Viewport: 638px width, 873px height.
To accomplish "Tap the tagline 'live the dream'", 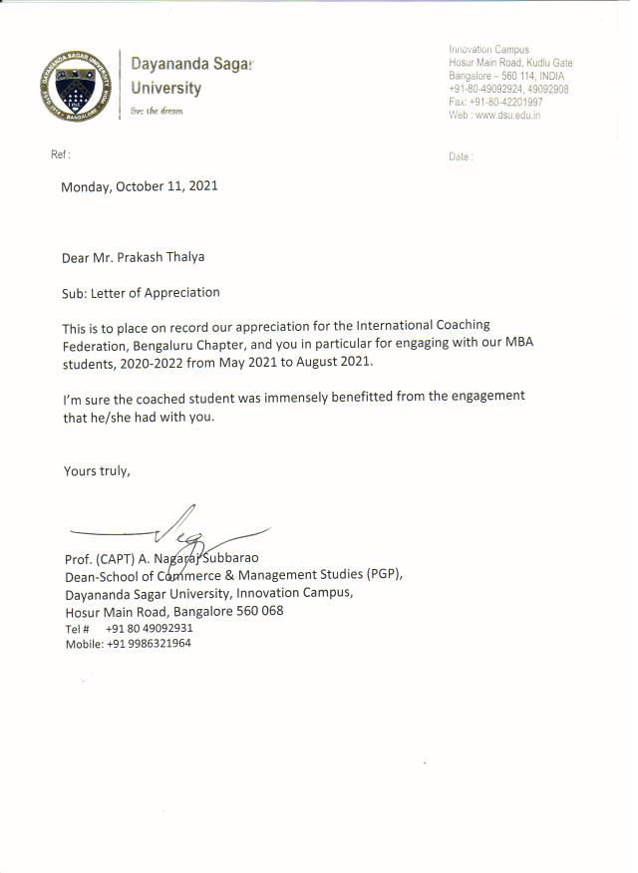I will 158,112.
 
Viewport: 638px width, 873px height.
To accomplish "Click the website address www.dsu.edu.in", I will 507,115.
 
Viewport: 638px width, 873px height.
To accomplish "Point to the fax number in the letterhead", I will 508,102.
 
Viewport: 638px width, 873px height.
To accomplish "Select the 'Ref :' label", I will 61,155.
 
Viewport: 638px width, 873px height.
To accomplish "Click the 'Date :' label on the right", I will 461,156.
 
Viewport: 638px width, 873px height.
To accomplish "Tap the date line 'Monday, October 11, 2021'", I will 140,186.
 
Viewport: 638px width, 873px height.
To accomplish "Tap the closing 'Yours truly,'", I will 97,470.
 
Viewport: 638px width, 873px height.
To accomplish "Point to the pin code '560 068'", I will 258,611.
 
